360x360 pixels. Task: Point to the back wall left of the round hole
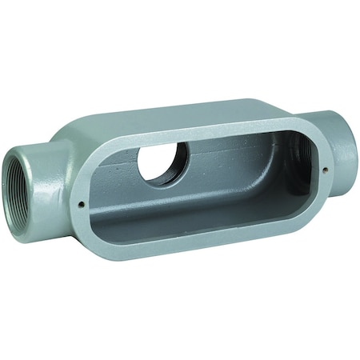pos(120,172)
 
